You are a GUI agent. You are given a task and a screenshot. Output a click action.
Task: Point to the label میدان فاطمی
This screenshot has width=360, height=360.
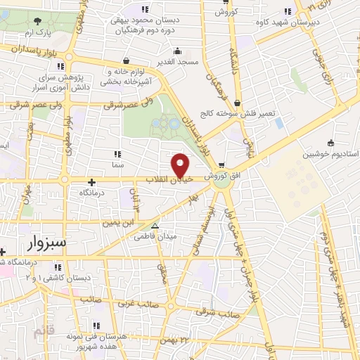pyautogui.click(x=156, y=237)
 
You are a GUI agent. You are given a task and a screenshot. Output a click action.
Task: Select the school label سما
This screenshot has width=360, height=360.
pyautogui.click(x=117, y=163)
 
